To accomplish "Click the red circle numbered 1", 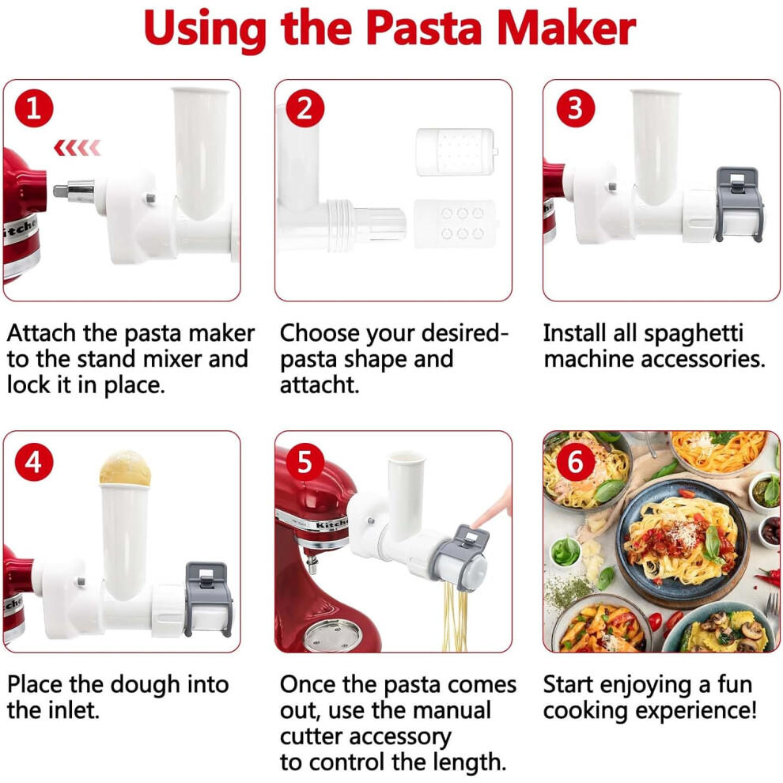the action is pos(34,108).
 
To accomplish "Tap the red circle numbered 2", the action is pos(305,108).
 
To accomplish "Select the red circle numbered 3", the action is pos(575,108).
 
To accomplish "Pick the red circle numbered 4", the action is pos(34,462).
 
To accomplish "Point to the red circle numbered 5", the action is pos(305,462).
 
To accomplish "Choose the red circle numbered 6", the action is pos(575,462).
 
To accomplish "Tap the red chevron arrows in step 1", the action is pos(78,148).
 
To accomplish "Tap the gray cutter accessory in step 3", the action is pos(739,205).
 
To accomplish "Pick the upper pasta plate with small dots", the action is pos(456,152).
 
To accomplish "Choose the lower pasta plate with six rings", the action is pos(456,224).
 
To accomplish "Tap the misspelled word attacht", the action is pos(319,385).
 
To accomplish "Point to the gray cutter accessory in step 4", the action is pos(208,600).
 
